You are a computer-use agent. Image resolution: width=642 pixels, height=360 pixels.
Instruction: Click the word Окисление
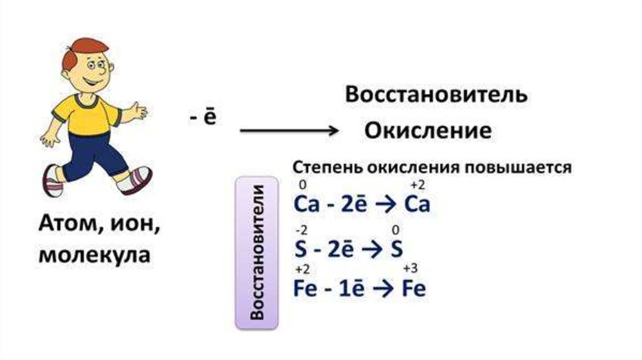428,132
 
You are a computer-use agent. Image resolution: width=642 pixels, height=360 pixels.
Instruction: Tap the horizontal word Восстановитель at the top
436,96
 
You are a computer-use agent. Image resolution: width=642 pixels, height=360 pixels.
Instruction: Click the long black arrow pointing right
289,130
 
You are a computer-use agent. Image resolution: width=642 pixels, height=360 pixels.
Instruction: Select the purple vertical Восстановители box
256,253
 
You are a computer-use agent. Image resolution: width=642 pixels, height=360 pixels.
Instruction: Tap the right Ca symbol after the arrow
418,204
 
